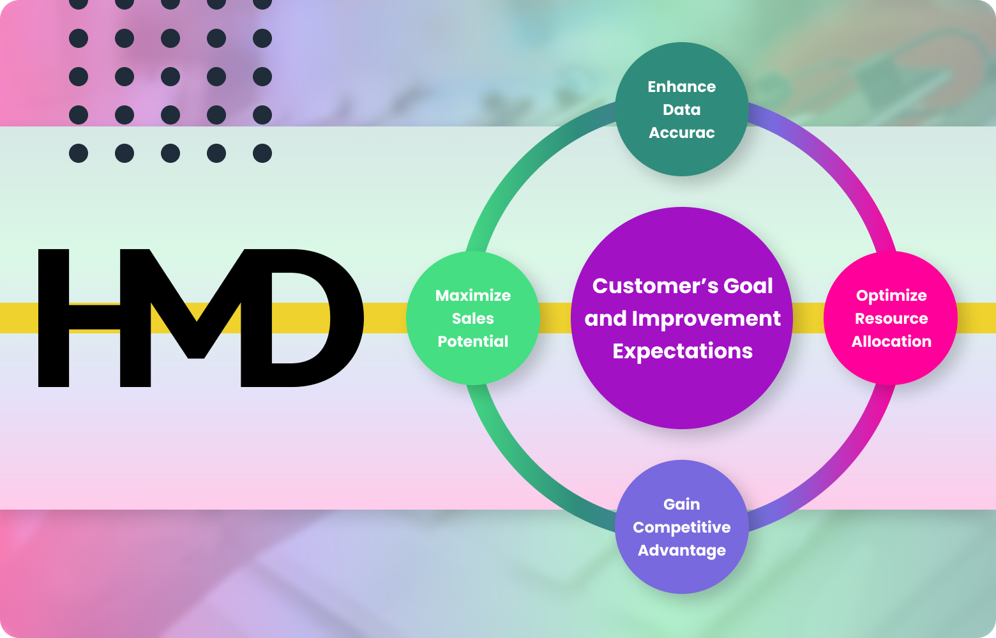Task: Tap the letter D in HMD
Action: click(x=300, y=318)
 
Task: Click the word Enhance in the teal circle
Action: click(x=681, y=87)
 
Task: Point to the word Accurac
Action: click(x=681, y=133)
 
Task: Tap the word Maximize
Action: click(x=472, y=296)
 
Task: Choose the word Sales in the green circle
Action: click(x=472, y=319)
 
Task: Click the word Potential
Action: click(x=472, y=342)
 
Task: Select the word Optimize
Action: click(x=891, y=296)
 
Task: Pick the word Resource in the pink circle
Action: click(x=891, y=319)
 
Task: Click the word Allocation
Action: click(x=891, y=342)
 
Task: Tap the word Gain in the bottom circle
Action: click(x=681, y=505)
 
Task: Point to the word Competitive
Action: click(x=681, y=528)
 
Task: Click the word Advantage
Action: click(x=681, y=551)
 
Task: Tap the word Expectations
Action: click(x=682, y=351)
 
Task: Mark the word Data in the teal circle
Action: click(x=681, y=110)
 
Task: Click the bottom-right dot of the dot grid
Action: click(x=262, y=153)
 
